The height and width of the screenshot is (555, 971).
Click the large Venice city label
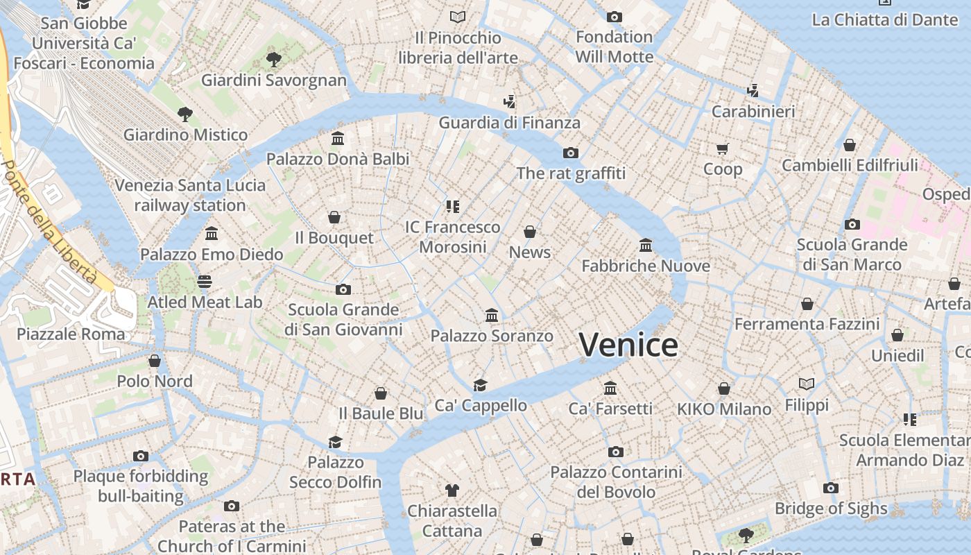(628, 345)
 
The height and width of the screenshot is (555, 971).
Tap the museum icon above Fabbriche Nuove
(646, 245)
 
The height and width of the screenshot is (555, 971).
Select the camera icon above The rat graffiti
(571, 153)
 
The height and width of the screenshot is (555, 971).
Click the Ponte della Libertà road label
(49, 222)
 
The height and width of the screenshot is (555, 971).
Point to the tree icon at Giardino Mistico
(184, 114)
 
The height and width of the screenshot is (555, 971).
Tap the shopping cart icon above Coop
(722, 148)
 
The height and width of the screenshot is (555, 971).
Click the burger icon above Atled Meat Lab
(205, 281)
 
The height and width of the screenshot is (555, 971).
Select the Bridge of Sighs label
(831, 509)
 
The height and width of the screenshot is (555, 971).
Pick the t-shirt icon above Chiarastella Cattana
(452, 490)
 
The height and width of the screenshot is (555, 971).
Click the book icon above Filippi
(807, 384)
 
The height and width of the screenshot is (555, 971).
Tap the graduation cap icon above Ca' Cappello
(480, 385)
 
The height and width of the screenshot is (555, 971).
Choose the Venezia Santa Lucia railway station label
(190, 196)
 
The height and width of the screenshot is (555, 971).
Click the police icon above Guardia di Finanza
(510, 102)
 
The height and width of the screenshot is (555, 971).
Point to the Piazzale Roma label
(71, 334)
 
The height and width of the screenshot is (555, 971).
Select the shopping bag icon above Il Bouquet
(334, 217)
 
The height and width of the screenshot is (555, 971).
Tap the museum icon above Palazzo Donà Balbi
(338, 138)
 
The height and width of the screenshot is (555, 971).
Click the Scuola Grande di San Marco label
(852, 255)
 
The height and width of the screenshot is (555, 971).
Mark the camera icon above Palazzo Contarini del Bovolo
(615, 452)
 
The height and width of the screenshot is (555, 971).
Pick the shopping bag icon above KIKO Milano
(724, 388)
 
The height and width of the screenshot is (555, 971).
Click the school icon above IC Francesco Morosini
(453, 206)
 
